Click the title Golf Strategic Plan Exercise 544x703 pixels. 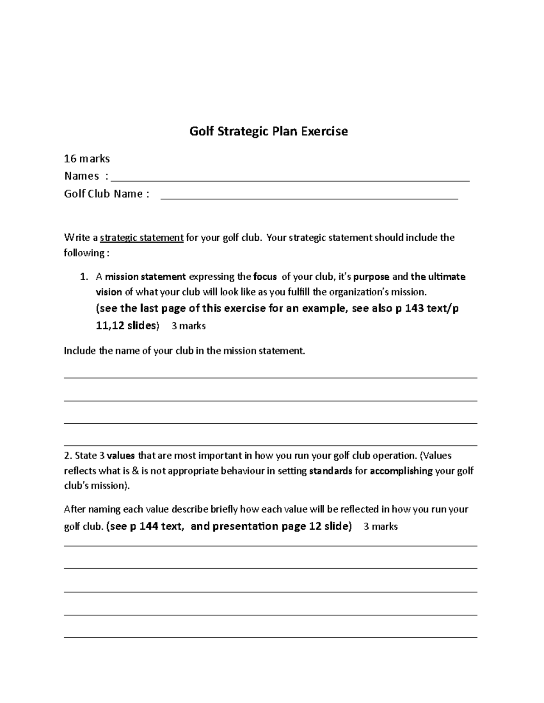[268, 131]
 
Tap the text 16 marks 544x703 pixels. [87, 158]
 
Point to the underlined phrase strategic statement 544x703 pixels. [141, 238]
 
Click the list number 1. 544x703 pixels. [83, 277]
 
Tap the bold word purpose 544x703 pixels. [371, 277]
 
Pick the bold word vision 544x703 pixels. [109, 292]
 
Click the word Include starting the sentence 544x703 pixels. [80, 351]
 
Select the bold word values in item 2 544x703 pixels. [121, 455]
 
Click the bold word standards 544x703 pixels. [330, 471]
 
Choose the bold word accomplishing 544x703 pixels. [401, 471]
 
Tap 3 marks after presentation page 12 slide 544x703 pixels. [381, 526]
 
